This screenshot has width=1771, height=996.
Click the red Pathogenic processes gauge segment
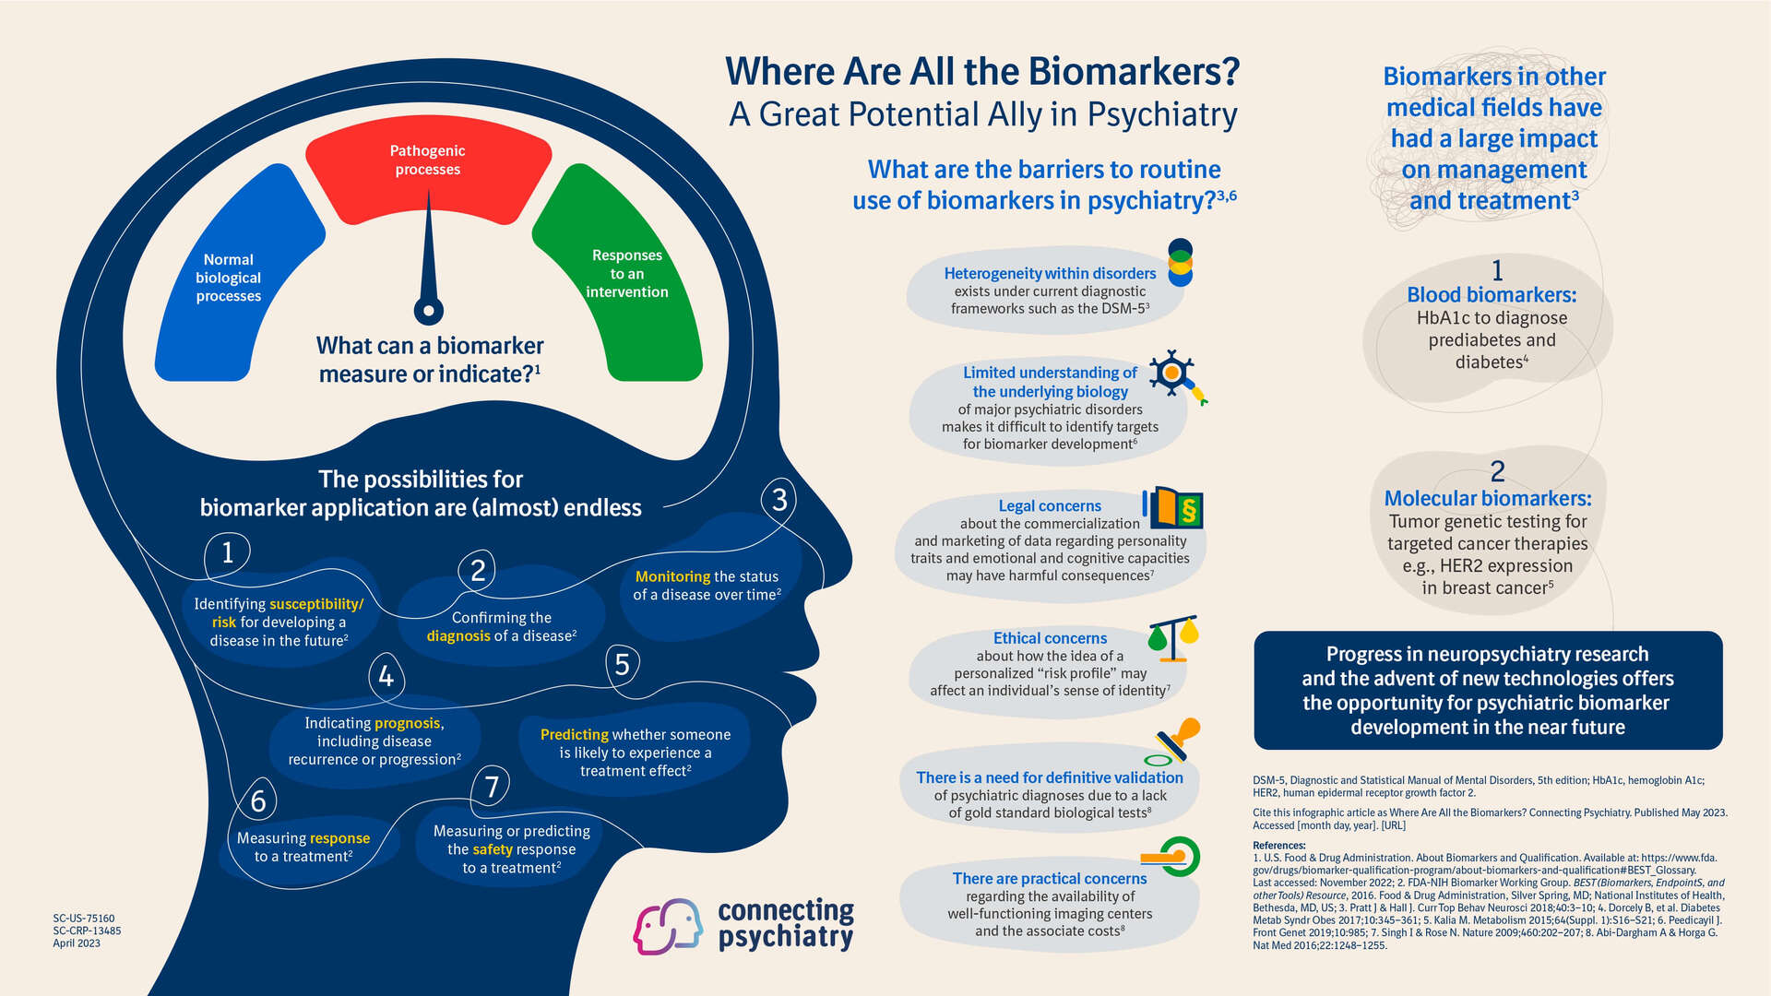coord(428,175)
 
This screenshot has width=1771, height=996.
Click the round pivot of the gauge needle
coord(429,311)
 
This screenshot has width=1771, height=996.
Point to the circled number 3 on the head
coord(779,500)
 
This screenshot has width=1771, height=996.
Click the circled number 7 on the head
coord(492,787)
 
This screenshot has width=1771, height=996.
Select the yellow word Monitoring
coord(672,576)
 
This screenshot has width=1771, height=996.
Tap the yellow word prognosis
coord(407,723)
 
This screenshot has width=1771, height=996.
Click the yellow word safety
coord(493,849)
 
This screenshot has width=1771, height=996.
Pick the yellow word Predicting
coord(574,734)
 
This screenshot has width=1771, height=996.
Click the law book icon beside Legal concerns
coord(1173,508)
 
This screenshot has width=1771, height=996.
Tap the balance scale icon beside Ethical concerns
coord(1173,638)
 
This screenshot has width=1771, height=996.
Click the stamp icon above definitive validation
coord(1173,741)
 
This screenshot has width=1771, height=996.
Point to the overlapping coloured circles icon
coord(1180,263)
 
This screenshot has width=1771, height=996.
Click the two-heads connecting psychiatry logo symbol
coord(668,926)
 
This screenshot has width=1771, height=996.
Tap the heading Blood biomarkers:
coord(1492,295)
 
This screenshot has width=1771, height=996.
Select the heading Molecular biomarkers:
coord(1488,499)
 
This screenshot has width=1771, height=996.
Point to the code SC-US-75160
coord(84,919)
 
